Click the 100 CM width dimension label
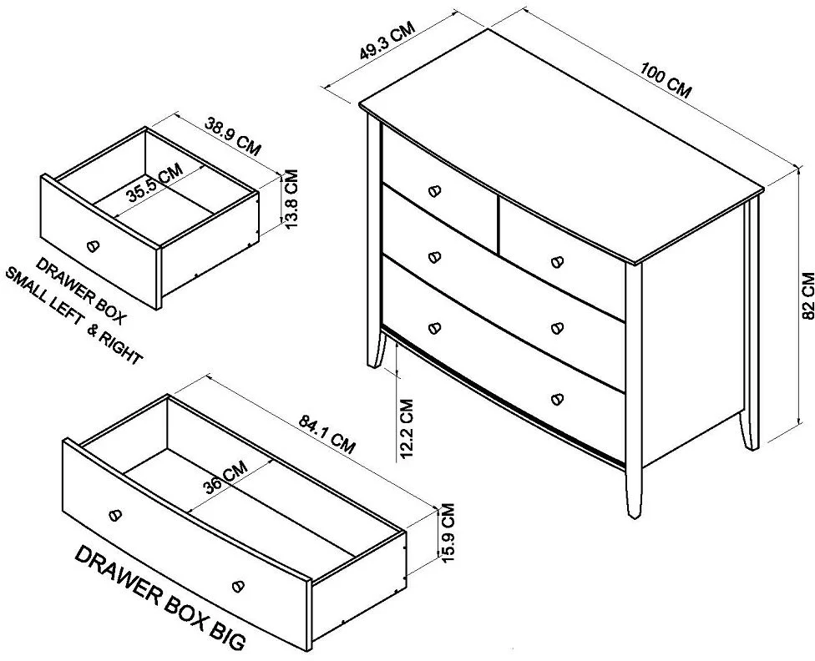(x=666, y=81)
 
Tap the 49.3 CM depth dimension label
(x=387, y=41)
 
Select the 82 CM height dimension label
(x=808, y=295)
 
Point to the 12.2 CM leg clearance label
(x=407, y=429)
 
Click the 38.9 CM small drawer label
(x=232, y=137)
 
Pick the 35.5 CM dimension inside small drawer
(x=155, y=183)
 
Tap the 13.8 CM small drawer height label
(x=291, y=199)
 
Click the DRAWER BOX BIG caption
(x=159, y=598)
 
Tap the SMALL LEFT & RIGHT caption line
(x=73, y=316)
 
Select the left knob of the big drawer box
(x=115, y=515)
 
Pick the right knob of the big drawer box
(x=237, y=586)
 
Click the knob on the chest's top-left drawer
(x=435, y=191)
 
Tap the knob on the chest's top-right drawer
(x=557, y=261)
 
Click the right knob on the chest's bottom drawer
(x=557, y=399)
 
